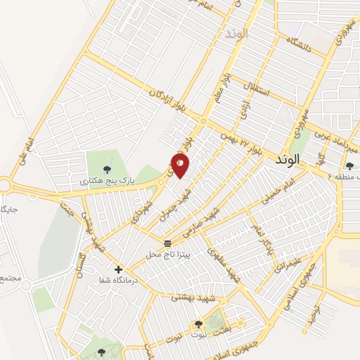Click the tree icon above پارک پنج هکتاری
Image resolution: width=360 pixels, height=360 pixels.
[106, 169]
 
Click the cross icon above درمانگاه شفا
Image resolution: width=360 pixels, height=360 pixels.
[118, 269]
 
